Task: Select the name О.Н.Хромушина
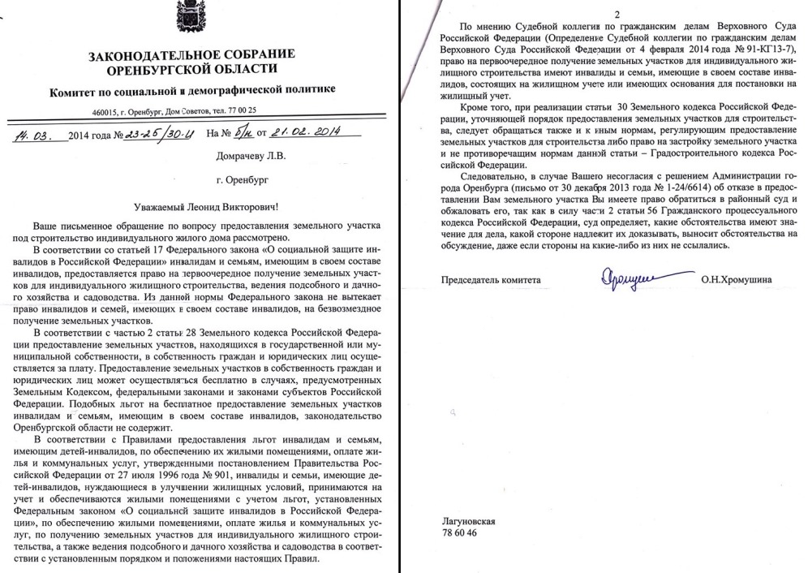point(736,280)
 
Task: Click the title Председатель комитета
point(489,280)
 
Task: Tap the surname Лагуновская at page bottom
point(469,520)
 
